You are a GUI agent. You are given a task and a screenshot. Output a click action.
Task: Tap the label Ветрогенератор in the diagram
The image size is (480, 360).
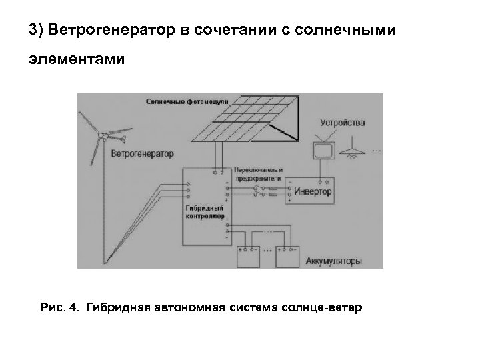pyautogui.click(x=142, y=154)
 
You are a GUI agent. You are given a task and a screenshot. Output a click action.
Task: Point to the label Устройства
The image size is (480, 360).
pyautogui.click(x=343, y=123)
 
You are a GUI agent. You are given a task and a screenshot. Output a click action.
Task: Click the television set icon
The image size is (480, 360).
pyautogui.click(x=324, y=151)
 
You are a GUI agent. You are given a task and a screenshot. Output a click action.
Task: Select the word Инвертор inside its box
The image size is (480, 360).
pyautogui.click(x=313, y=191)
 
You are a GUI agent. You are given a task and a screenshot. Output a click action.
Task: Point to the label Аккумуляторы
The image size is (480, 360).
pyautogui.click(x=333, y=262)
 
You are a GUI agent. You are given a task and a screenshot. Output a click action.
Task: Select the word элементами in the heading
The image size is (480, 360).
pyautogui.click(x=76, y=61)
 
